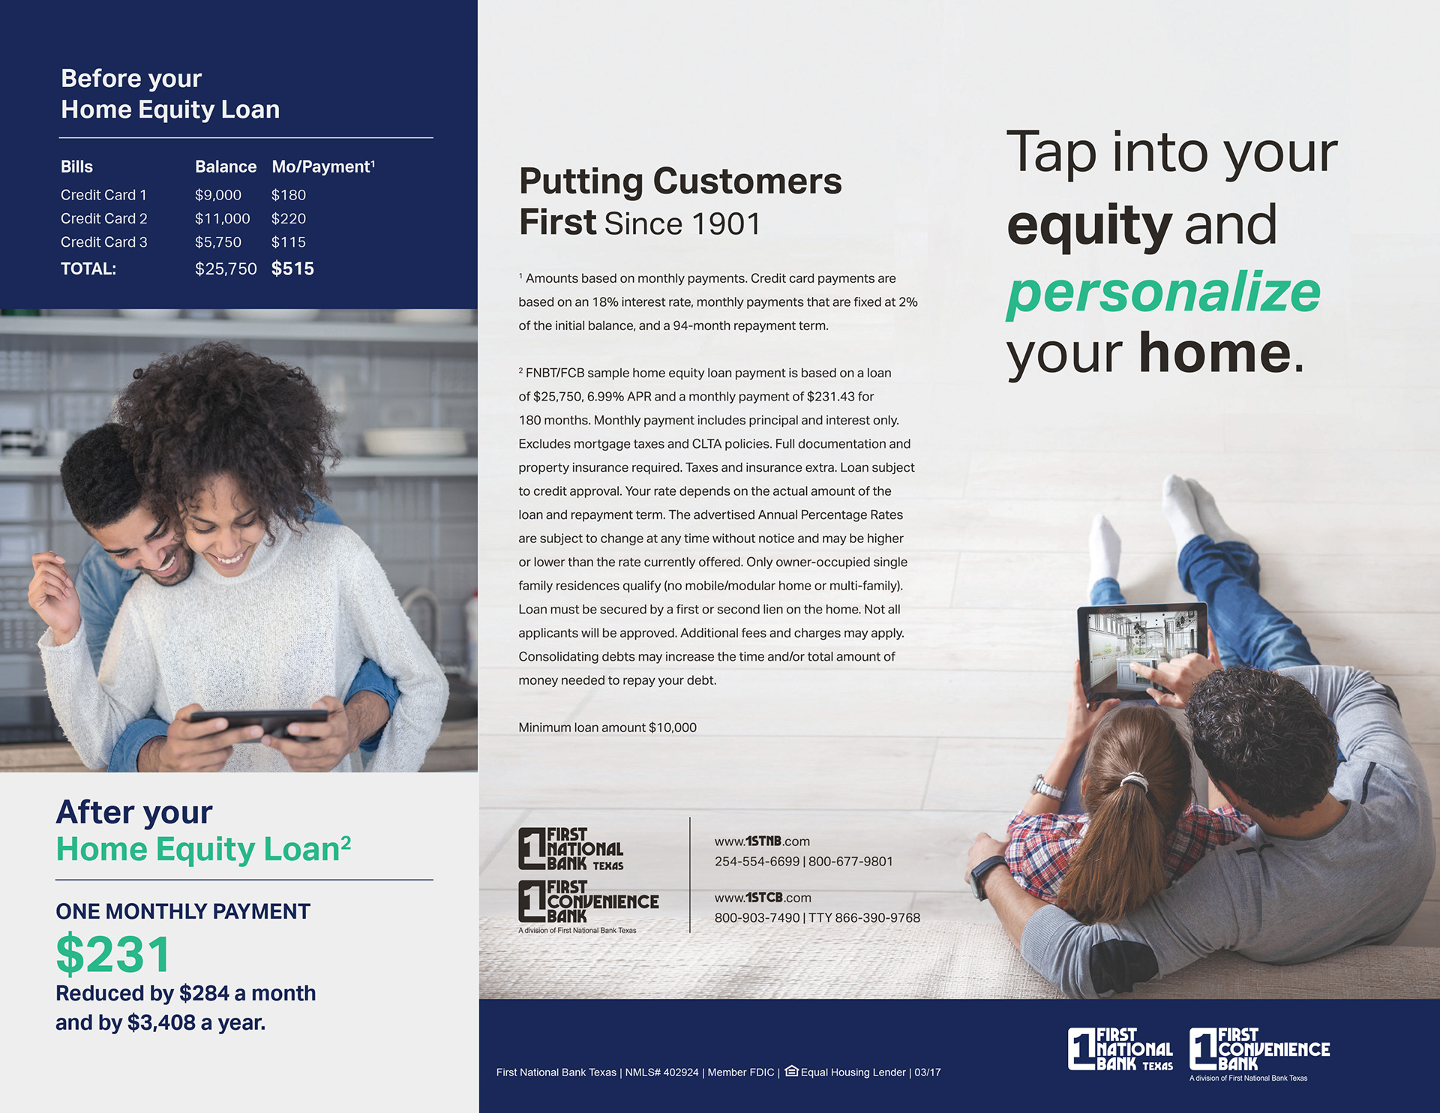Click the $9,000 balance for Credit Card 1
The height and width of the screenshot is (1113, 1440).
tap(218, 195)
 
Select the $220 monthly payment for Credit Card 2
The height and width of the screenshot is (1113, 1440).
tap(289, 218)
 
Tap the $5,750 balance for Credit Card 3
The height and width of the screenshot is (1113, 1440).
tap(218, 242)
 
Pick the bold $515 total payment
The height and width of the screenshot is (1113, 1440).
tap(292, 268)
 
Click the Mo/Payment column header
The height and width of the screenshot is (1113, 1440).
tap(323, 166)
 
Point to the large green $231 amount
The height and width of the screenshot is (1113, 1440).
tap(113, 955)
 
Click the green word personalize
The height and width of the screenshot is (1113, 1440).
tap(1163, 292)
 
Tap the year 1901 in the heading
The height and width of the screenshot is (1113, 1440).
tap(725, 224)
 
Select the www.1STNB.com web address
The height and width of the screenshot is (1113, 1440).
tap(762, 841)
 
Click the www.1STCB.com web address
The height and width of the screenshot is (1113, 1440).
tap(763, 898)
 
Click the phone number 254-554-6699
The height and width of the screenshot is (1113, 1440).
tap(757, 862)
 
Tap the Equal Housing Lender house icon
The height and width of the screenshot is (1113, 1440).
tap(791, 1071)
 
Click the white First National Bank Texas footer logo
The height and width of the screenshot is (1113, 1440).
tap(1120, 1049)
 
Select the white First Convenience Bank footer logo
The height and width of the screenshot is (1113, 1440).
tap(1260, 1049)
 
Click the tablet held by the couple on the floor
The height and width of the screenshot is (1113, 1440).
tap(1141, 651)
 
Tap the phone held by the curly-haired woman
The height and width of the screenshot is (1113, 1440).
tap(259, 724)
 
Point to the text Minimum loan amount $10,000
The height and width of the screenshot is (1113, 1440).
tap(607, 727)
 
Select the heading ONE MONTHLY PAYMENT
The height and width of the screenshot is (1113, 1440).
tap(183, 911)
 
